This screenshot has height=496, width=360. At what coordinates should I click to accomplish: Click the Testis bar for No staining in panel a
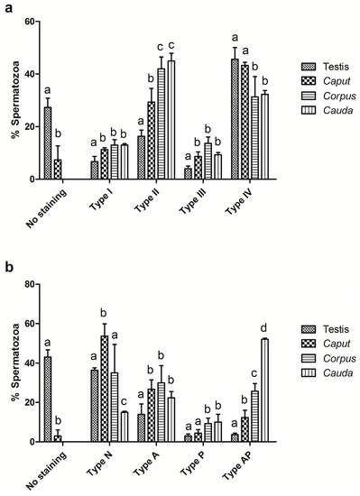click(x=48, y=143)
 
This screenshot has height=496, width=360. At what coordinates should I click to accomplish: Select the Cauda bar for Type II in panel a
click(x=171, y=120)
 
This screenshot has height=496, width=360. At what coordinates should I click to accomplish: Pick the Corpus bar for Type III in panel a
click(x=208, y=161)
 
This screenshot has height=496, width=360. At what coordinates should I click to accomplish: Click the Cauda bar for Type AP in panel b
click(x=264, y=390)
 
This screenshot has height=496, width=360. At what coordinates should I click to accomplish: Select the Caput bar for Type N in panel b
click(x=105, y=389)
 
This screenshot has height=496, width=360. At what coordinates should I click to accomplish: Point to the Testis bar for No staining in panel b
click(x=48, y=400)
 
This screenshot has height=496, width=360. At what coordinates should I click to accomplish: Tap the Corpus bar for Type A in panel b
click(x=161, y=412)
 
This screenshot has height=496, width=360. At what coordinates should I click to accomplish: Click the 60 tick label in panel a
click(x=31, y=22)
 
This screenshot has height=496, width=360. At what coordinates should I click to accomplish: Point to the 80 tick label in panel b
click(x=31, y=284)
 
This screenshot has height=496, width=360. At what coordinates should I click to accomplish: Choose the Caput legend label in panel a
click(x=337, y=81)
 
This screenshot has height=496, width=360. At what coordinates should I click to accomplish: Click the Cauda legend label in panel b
click(x=337, y=373)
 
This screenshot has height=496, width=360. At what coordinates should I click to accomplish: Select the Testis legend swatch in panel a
click(x=309, y=67)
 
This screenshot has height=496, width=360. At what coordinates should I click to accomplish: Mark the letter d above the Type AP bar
click(x=263, y=328)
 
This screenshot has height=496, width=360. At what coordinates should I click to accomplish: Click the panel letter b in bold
click(x=9, y=267)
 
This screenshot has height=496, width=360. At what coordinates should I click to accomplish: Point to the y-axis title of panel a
click(x=15, y=100)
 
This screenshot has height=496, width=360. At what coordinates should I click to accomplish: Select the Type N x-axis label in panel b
click(x=100, y=464)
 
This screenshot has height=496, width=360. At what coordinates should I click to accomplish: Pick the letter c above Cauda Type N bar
click(x=124, y=401)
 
